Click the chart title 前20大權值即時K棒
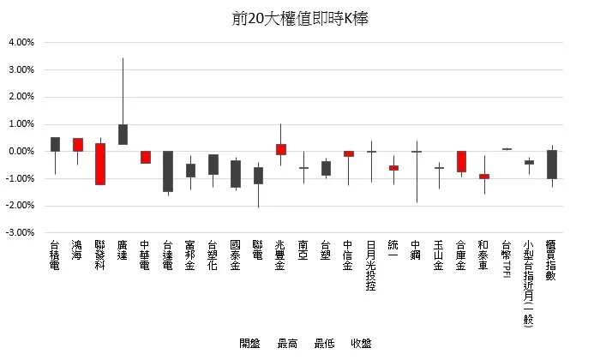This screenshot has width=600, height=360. tap(299, 18)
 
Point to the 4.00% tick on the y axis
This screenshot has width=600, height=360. tap(21, 42)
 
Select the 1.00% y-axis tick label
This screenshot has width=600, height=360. tap(21, 123)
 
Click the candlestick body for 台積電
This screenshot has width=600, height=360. tap(55, 144)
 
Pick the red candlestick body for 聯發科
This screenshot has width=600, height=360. tap(100, 164)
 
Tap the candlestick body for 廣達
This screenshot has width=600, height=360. tap(123, 135)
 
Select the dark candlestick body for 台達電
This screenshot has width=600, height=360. tap(168, 171)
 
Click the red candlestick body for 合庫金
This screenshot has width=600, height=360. tap(461, 161)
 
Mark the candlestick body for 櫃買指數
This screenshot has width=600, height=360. tap(552, 164)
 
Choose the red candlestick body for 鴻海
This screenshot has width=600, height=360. tap(78, 144)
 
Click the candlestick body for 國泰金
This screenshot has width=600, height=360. tap(236, 173)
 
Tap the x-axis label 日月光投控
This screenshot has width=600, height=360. tap(370, 266)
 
